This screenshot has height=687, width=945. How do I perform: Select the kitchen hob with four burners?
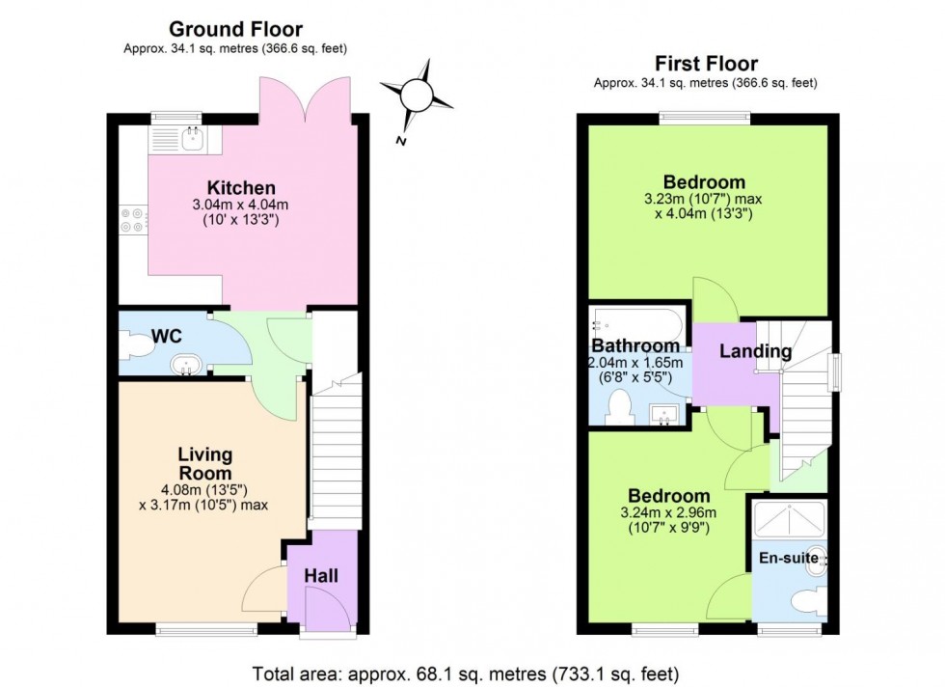point(132,221)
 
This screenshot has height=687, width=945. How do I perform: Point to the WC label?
point(168,337)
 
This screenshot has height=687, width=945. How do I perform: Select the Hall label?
point(321,576)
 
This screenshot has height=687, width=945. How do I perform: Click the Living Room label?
point(204,463)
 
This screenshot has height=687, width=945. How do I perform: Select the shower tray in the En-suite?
point(788,521)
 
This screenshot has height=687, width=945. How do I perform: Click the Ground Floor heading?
point(235,30)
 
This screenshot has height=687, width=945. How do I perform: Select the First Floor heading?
point(706,64)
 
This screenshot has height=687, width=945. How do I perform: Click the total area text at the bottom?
point(466,672)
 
